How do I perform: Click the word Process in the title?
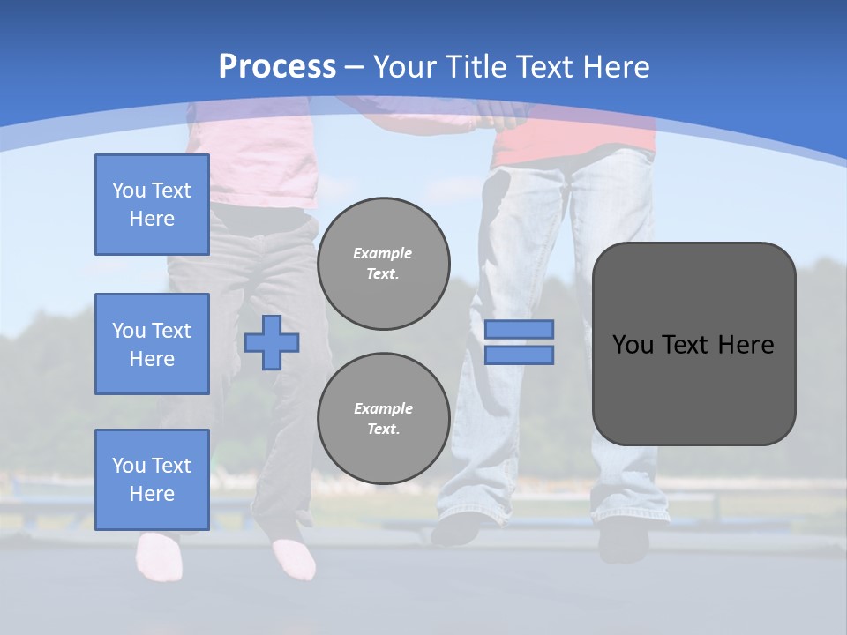click(x=277, y=67)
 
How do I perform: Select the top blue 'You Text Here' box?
click(x=152, y=205)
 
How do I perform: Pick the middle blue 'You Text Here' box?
click(x=152, y=344)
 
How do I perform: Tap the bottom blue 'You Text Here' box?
click(x=152, y=480)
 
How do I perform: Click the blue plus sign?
click(x=272, y=343)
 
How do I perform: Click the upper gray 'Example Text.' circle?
click(x=383, y=264)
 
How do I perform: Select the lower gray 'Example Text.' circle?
click(x=383, y=419)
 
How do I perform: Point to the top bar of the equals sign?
click(x=520, y=330)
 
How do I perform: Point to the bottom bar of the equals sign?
click(x=520, y=355)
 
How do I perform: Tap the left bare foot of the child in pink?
click(x=156, y=556)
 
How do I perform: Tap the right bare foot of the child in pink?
click(x=295, y=557)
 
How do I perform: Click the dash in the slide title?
click(x=355, y=67)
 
